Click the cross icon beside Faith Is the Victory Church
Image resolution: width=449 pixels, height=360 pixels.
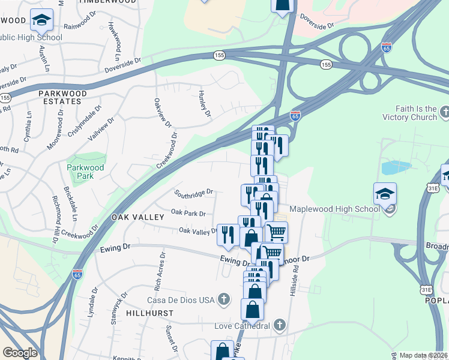pyautogui.click(x=444, y=112)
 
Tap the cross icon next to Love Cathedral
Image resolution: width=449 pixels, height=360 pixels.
pyautogui.click(x=278, y=326)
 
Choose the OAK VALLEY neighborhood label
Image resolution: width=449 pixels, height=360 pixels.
pyautogui.click(x=137, y=217)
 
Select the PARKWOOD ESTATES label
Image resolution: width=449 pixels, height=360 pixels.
pyautogui.click(x=62, y=97)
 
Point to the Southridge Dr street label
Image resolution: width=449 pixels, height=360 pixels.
pyautogui.click(x=194, y=193)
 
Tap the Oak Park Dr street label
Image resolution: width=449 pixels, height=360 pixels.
pyautogui.click(x=188, y=213)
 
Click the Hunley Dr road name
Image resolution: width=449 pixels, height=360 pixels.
pyautogui.click(x=205, y=103)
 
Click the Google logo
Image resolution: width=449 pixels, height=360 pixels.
pyautogui.click(x=20, y=353)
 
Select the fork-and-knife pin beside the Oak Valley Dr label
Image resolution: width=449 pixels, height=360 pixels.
pyautogui.click(x=228, y=235)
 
